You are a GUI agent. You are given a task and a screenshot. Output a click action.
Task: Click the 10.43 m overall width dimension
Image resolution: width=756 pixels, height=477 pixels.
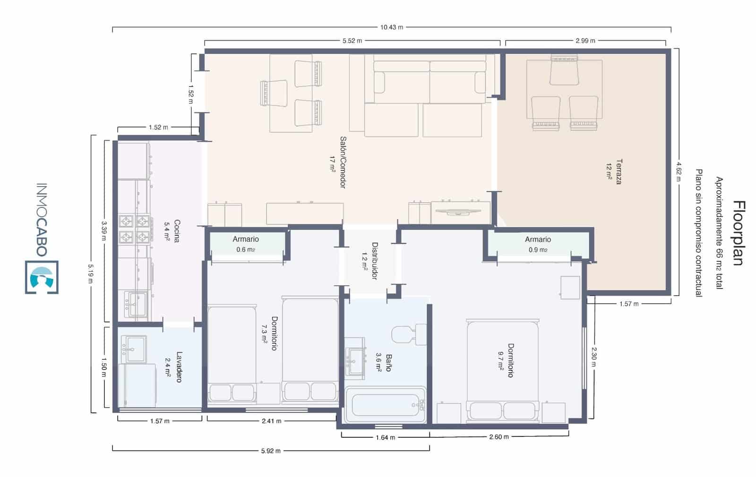pyautogui.click(x=392, y=27)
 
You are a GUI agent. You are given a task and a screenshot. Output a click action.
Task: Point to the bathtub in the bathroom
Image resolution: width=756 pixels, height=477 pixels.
pyautogui.click(x=386, y=405)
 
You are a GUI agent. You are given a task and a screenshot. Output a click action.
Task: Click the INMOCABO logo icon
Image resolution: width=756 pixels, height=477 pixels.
pyautogui.click(x=42, y=277)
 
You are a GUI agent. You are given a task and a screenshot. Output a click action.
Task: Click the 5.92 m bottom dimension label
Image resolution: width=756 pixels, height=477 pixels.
pyautogui.click(x=271, y=451)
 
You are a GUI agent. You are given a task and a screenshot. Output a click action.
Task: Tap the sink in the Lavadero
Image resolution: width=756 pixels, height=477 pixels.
pyautogui.click(x=134, y=349)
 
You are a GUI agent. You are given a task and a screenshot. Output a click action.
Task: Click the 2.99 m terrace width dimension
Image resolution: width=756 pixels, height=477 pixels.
pyautogui.click(x=585, y=41)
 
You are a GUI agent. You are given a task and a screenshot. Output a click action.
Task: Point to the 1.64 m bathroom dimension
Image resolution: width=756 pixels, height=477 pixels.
pyautogui.click(x=385, y=437)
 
